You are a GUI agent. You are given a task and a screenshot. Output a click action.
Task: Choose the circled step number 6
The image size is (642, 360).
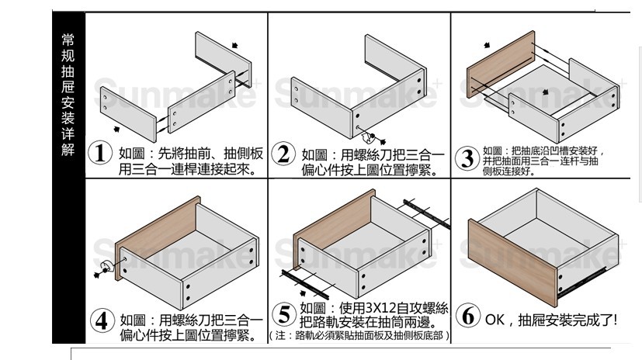467,317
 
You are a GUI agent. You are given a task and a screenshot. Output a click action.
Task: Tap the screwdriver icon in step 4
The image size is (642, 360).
102,270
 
